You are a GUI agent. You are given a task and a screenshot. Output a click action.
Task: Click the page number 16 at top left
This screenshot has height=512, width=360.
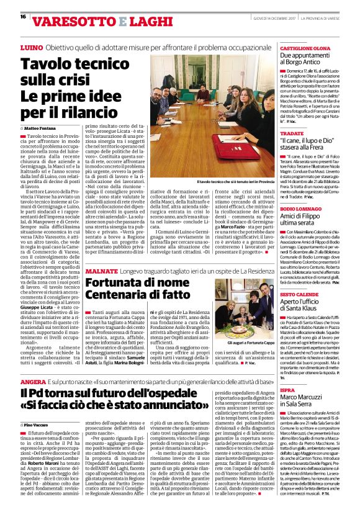[x=22, y=16]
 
